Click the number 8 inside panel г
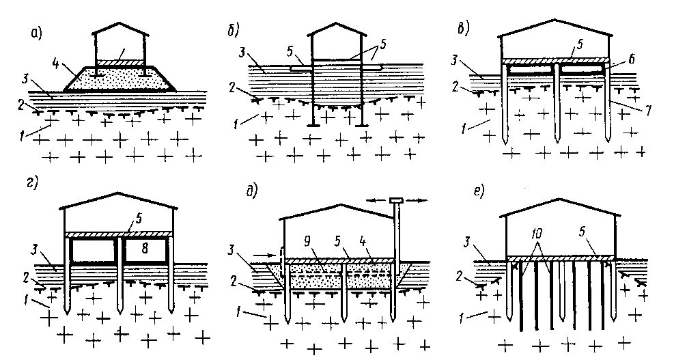point(145,248)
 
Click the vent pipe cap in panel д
point(395,200)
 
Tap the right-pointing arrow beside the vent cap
point(417,199)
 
